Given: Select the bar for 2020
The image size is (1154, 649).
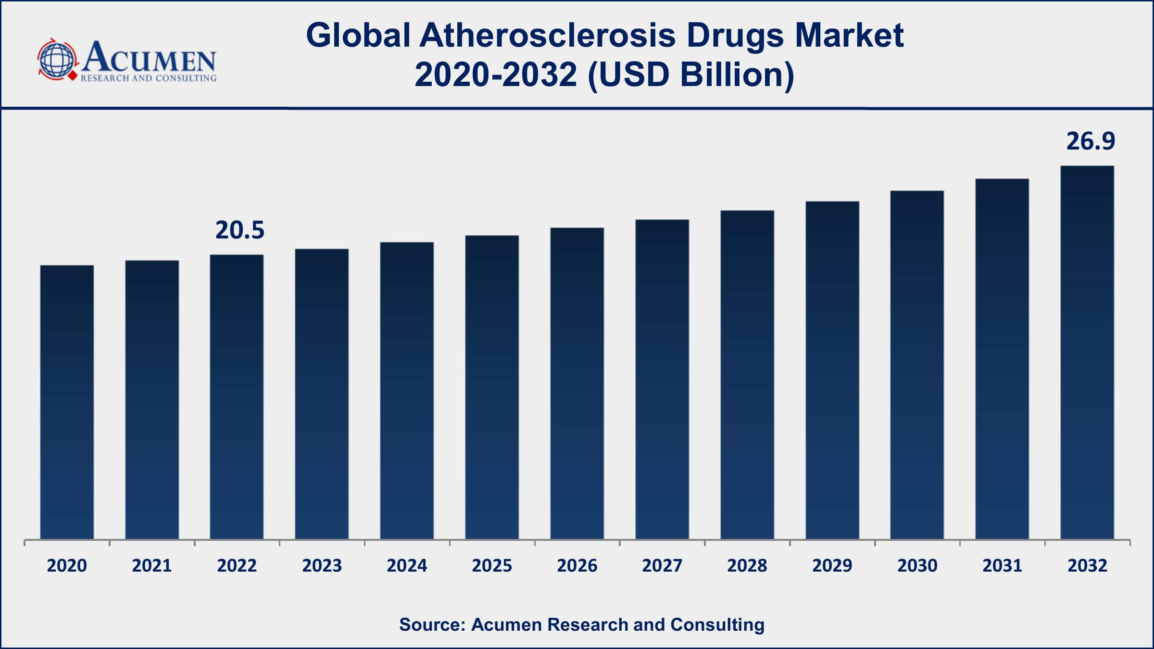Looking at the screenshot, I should [67, 402].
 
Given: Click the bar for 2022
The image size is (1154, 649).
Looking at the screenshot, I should [237, 397].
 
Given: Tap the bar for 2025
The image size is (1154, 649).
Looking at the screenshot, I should [492, 387].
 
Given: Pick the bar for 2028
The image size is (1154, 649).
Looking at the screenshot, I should [747, 374].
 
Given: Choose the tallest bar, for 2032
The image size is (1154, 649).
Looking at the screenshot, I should [1087, 352].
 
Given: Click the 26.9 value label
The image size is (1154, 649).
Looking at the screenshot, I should [1091, 141].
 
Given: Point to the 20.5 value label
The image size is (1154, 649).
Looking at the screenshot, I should [239, 230].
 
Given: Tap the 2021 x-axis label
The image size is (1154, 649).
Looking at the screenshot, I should [152, 566].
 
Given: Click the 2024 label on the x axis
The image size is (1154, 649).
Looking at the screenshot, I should [407, 566].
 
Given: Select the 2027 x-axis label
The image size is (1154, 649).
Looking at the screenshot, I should [662, 566].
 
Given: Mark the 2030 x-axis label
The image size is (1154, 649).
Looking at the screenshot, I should [917, 566].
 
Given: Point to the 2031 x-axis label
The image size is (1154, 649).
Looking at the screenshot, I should [1002, 566].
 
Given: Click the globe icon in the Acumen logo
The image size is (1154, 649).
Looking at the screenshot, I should [57, 60].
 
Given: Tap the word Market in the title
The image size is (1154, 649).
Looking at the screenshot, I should [849, 36].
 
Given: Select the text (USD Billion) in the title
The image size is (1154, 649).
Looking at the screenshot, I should [690, 75].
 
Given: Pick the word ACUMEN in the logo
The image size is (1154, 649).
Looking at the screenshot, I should [149, 58].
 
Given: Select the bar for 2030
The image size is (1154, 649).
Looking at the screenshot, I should [917, 365].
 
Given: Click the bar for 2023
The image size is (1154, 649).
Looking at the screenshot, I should [322, 394].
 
